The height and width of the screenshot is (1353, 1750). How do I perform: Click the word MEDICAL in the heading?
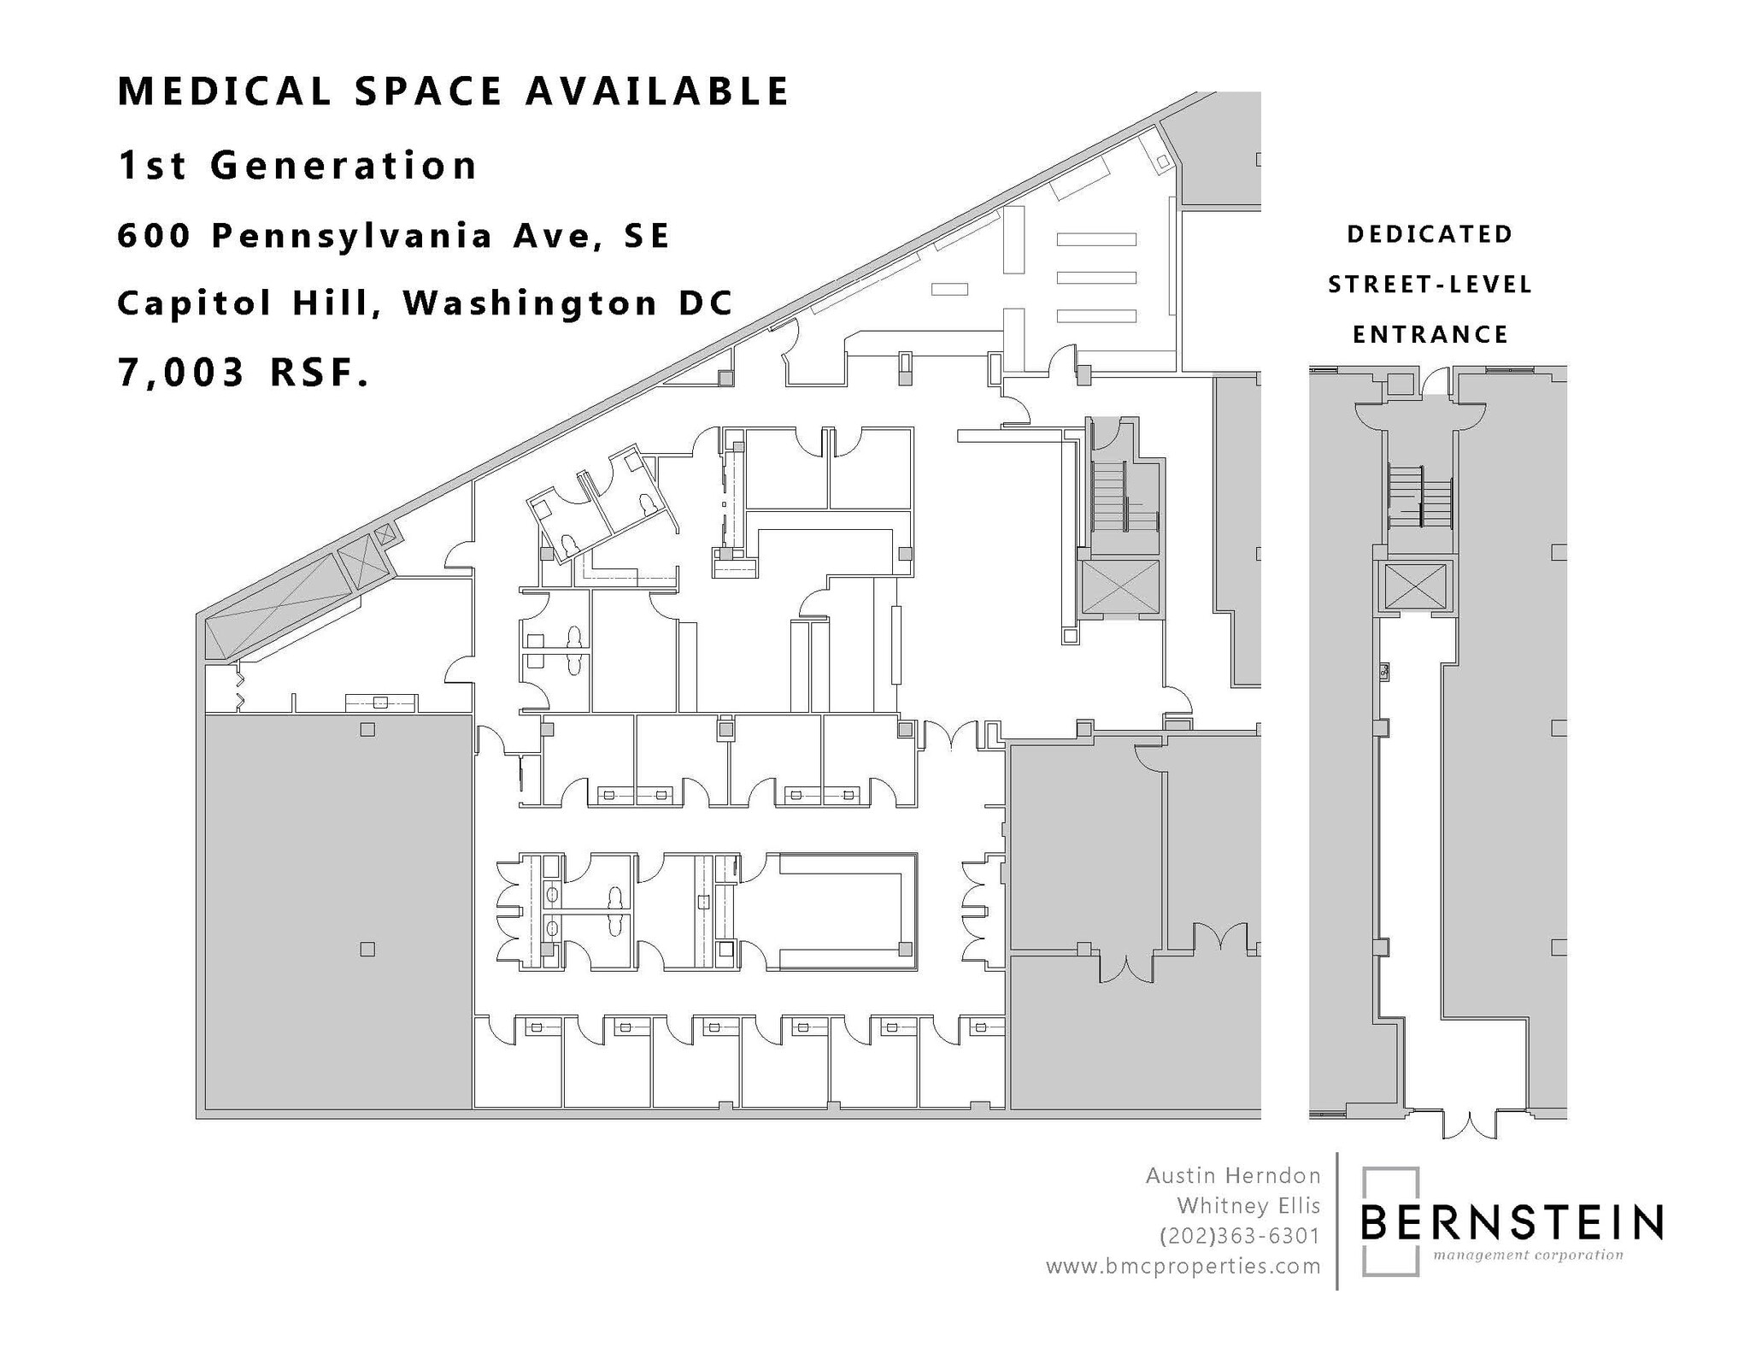(x=224, y=91)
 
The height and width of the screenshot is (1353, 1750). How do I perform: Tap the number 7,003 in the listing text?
(x=180, y=373)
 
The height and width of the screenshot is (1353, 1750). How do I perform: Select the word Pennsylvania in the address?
(x=352, y=235)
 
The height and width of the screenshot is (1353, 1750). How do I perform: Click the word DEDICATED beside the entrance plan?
(x=1430, y=234)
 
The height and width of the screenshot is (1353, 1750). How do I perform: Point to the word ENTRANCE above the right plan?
(x=1430, y=334)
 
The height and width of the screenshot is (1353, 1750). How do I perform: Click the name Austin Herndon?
(x=1232, y=1176)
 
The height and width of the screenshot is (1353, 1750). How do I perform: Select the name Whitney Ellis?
(x=1248, y=1206)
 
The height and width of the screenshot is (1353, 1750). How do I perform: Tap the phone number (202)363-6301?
(x=1239, y=1236)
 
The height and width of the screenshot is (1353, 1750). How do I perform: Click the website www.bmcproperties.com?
(x=1183, y=1267)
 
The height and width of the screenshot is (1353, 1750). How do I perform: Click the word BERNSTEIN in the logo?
(x=1511, y=1222)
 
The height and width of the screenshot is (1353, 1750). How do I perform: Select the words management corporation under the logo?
(x=1528, y=1256)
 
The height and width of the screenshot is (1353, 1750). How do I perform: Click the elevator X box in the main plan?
(x=1120, y=587)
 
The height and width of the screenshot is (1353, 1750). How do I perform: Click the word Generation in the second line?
(x=344, y=165)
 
